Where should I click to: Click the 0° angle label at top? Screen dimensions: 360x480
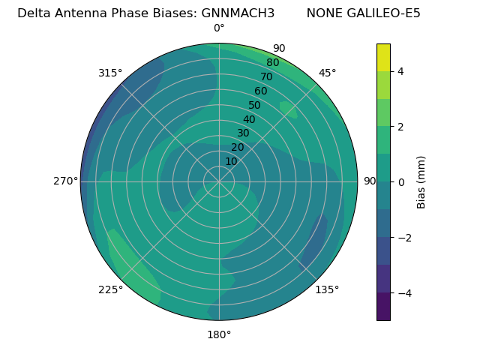click(x=219, y=28)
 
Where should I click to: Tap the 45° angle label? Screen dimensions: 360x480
click(x=327, y=73)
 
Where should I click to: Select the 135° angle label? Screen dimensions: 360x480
click(x=327, y=289)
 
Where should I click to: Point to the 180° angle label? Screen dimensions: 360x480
click(x=219, y=334)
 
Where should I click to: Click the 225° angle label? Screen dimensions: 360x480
click(x=110, y=289)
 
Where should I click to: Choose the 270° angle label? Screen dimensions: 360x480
click(x=65, y=181)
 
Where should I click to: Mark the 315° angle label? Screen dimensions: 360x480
click(x=110, y=73)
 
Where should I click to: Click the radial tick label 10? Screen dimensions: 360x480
click(x=231, y=161)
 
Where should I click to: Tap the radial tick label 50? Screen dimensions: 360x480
click(x=255, y=106)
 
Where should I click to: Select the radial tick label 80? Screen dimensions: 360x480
click(x=273, y=63)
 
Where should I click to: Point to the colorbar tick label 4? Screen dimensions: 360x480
click(x=401, y=71)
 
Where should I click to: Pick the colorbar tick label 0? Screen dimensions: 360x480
click(x=401, y=182)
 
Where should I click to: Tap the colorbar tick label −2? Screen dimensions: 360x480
click(x=401, y=238)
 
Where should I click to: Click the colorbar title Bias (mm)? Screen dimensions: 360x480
click(x=421, y=182)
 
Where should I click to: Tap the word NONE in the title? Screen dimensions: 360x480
click(x=324, y=13)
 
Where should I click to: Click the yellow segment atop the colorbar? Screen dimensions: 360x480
click(x=383, y=57)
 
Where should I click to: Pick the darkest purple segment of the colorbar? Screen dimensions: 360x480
click(x=383, y=307)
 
